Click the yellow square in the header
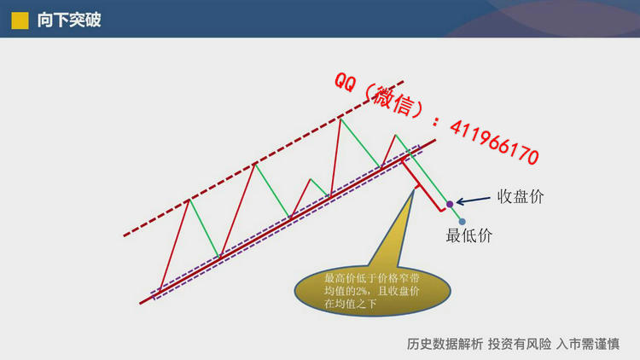coord(20,20)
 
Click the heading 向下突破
coord(69,20)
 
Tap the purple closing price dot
coord(450,204)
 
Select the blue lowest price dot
coord(462,222)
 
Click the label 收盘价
coord(521,197)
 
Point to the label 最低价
coord(469,235)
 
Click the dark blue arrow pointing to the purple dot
coord(473,200)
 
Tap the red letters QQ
coord(346,82)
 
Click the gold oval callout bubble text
coord(371,291)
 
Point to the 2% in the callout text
coord(361,291)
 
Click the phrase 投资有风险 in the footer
coord(520,344)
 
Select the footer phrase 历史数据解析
coord(445,344)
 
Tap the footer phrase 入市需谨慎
coord(588,344)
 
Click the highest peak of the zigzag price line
coord(340,119)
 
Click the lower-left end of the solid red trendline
coord(140,304)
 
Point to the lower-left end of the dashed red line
coord(124,236)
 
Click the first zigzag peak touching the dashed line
coord(189,200)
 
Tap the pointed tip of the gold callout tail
coord(414,189)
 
